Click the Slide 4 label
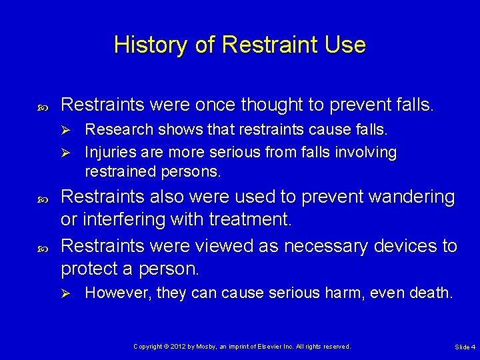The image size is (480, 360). click(x=465, y=347)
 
